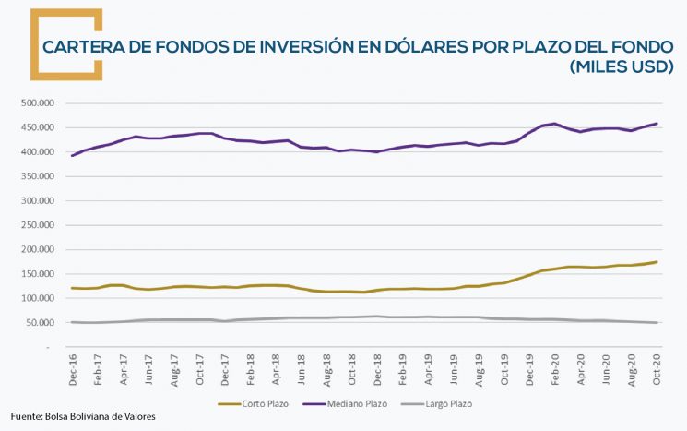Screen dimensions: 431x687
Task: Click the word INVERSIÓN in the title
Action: pos(302,46)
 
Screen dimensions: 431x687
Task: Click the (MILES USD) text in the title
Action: pos(621,67)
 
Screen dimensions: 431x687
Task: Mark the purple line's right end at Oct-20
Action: pos(657,124)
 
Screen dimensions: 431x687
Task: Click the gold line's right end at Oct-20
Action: pos(657,262)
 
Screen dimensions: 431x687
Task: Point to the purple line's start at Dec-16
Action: pos(72,155)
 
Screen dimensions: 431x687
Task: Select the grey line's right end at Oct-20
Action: pos(657,322)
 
